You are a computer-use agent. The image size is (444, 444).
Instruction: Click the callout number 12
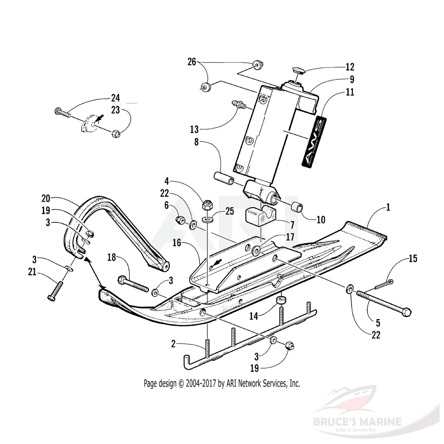point(350,67)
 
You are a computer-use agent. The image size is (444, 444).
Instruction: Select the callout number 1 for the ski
point(388,207)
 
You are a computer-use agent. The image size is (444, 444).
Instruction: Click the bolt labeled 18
point(133,284)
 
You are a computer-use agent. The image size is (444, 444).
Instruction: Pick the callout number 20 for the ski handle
point(46,198)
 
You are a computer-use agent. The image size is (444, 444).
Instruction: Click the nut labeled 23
point(116,134)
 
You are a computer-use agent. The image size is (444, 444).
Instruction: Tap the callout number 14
point(254,316)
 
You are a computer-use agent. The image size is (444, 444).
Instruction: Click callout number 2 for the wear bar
point(173,344)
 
